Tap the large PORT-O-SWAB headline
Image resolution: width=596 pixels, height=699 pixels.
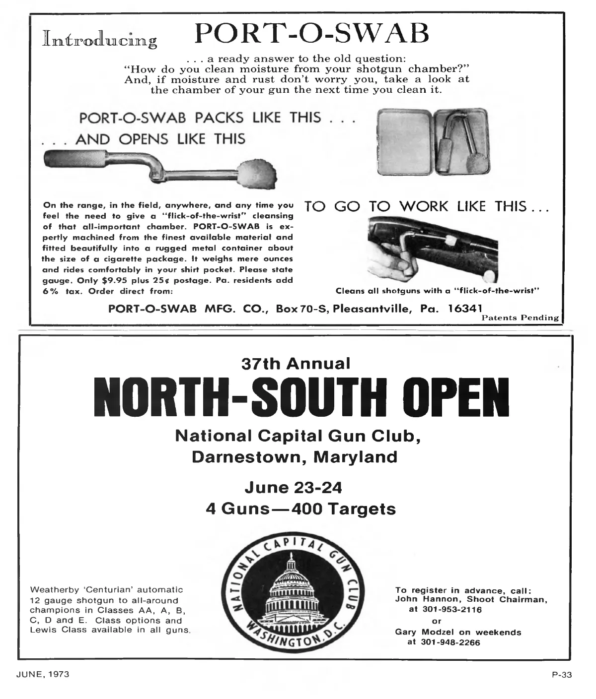312,34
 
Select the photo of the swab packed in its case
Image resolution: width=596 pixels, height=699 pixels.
434,143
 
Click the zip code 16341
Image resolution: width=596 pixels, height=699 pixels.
466,308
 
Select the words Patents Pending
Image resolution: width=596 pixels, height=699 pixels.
520,318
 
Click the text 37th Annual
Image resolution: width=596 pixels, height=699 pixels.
296,364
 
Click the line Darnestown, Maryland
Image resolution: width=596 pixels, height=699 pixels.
295,456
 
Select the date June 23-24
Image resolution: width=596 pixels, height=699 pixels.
294,488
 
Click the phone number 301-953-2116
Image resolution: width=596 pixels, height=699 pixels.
451,609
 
